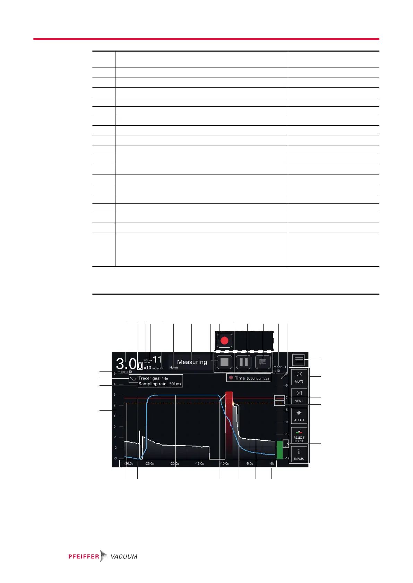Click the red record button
click(224, 340)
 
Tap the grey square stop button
click(224, 362)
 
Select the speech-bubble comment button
click(263, 362)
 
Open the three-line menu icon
click(298, 360)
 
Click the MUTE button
click(299, 377)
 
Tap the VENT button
click(299, 396)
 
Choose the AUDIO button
click(299, 415)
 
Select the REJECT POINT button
click(299, 435)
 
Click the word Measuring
click(192, 362)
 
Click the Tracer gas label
click(149, 378)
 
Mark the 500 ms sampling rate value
click(175, 384)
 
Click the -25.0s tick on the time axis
click(149, 464)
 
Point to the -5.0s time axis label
click(249, 464)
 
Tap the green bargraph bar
click(279, 450)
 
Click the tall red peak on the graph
click(229, 409)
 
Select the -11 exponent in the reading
click(157, 360)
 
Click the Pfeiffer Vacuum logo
click(103, 556)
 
